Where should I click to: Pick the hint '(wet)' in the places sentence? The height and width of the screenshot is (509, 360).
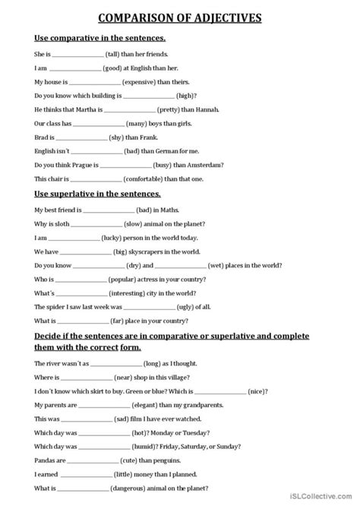219,266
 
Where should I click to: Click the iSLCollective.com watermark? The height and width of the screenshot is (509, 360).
320,501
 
